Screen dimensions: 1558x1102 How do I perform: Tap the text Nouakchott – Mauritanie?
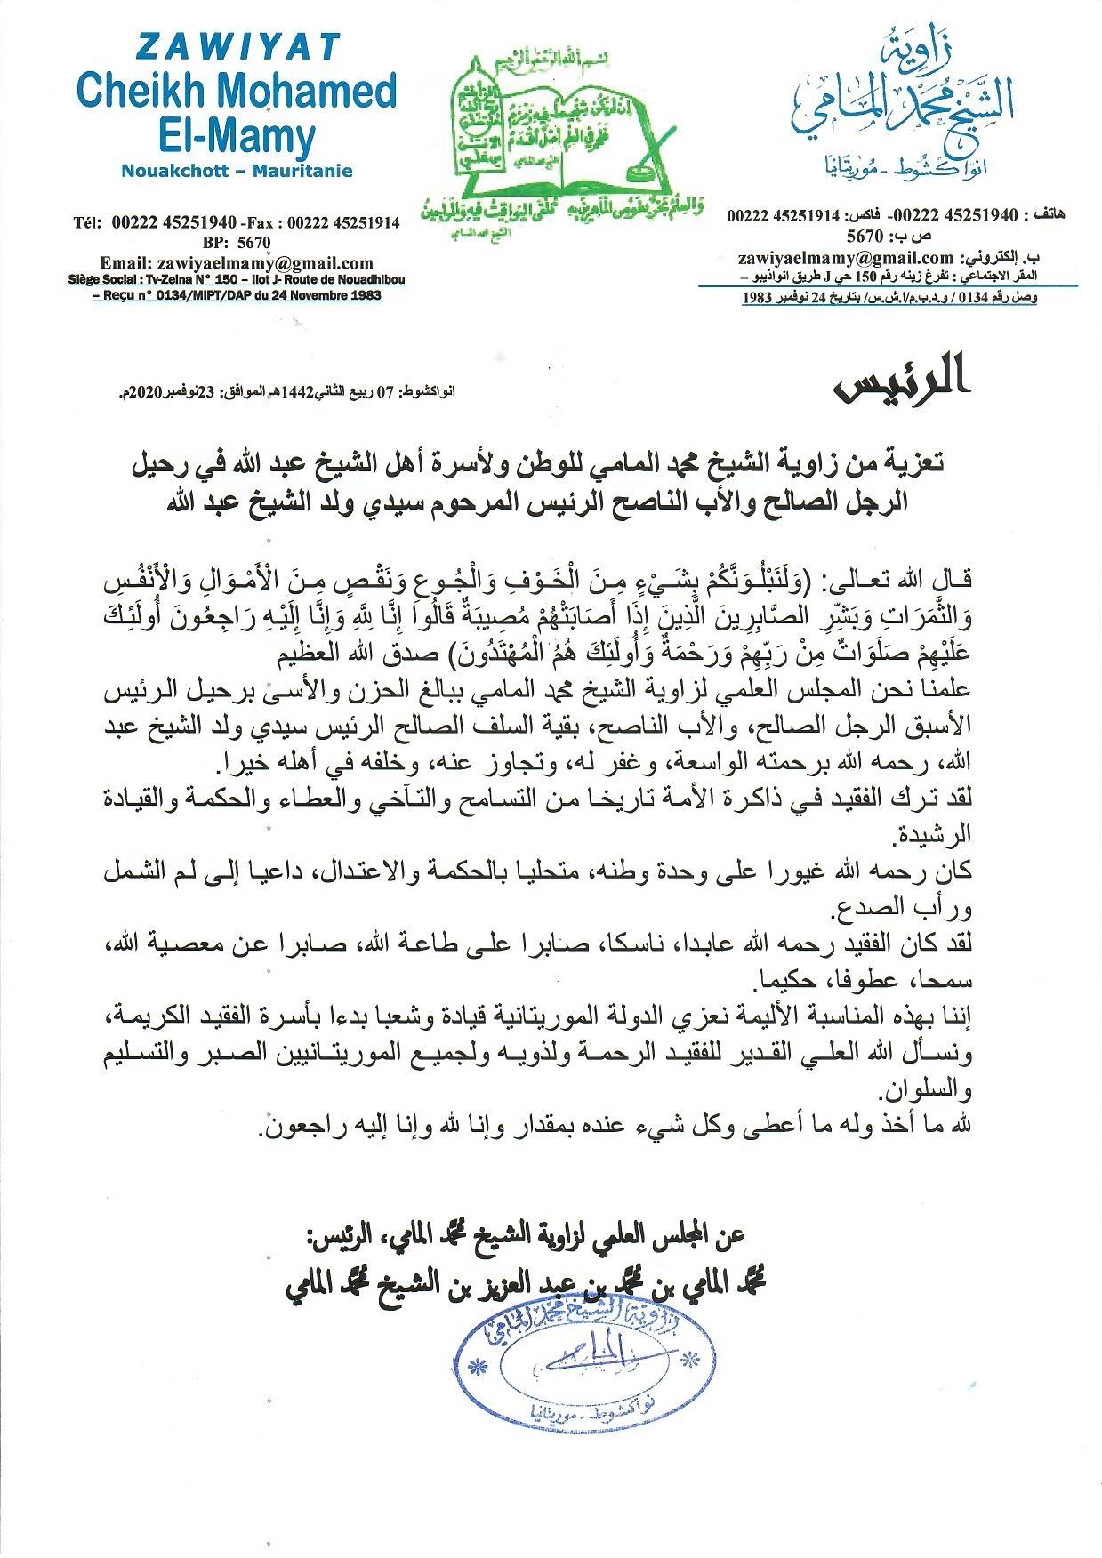point(238,171)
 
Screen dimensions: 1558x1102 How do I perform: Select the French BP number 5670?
point(250,242)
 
